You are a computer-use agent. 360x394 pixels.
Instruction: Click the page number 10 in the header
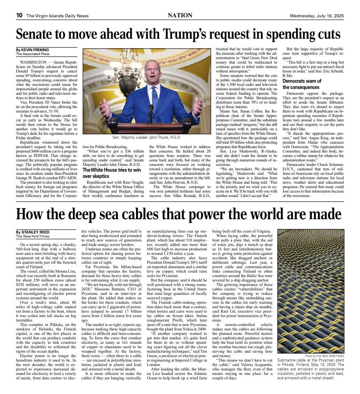click(19, 16)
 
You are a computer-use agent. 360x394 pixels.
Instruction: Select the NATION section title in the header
click(180, 16)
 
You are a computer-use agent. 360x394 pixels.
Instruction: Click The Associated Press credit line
click(34, 54)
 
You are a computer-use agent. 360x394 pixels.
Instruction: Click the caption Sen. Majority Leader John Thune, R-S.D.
click(146, 139)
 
